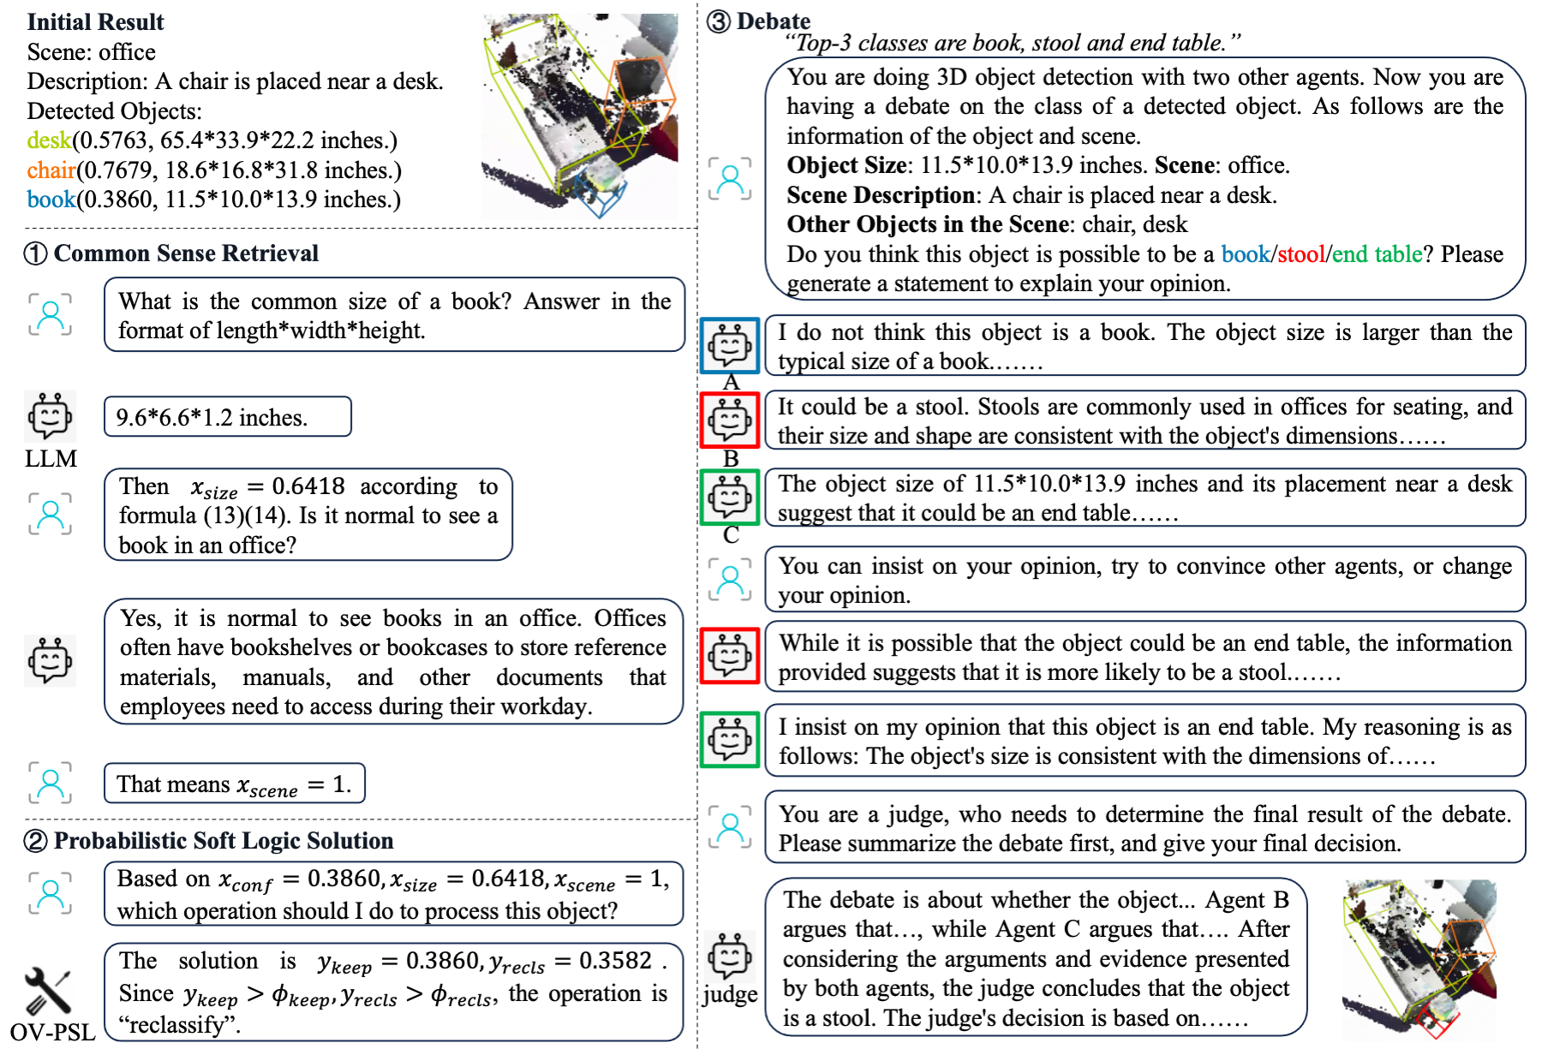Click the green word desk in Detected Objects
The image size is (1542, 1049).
49,140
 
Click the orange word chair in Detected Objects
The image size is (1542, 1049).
51,170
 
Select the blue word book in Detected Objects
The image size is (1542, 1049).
51,200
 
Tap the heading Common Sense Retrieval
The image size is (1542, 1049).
186,253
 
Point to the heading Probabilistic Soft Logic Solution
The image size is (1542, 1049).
223,841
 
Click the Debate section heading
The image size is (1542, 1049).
773,21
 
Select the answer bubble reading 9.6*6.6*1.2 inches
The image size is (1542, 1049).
227,417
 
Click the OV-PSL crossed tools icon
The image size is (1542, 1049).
47,990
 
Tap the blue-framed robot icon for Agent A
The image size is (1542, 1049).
730,346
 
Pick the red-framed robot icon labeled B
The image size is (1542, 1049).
730,420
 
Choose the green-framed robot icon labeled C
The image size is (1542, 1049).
730,497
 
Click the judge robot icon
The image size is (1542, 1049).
730,955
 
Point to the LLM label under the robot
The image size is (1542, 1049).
51,459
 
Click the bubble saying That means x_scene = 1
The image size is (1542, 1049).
234,784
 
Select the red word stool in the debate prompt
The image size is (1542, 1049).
1301,254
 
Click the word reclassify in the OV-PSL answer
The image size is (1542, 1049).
179,1025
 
